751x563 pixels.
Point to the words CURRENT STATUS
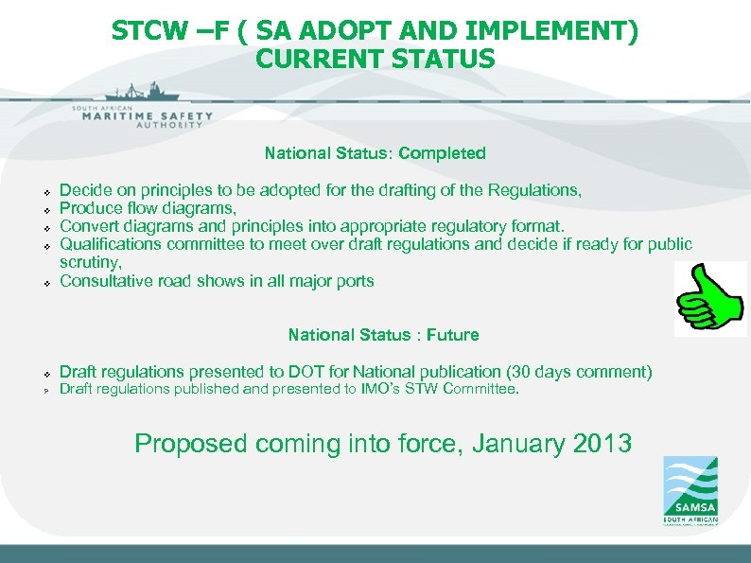click(375, 60)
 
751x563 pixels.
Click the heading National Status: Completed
click(375, 153)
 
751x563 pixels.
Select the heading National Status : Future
click(383, 335)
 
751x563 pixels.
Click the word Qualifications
click(107, 244)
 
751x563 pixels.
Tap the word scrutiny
click(90, 262)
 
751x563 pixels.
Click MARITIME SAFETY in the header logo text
click(143, 116)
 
